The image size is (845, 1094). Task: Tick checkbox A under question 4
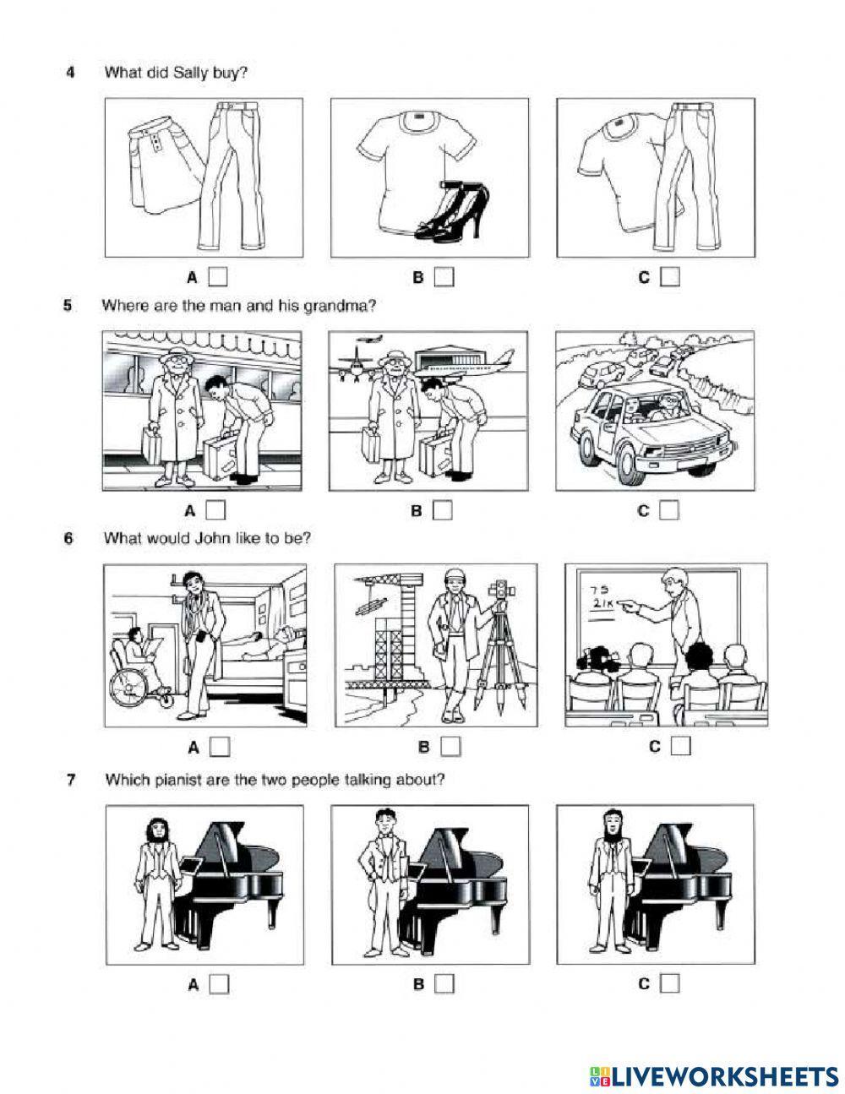tap(218, 276)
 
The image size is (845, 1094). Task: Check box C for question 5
tap(669, 510)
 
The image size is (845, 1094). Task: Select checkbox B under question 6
tap(450, 747)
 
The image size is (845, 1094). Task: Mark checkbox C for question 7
tap(670, 983)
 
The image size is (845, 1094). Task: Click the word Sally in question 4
tap(190, 73)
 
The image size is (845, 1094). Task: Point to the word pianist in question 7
tap(162, 780)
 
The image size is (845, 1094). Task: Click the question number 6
tap(68, 538)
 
